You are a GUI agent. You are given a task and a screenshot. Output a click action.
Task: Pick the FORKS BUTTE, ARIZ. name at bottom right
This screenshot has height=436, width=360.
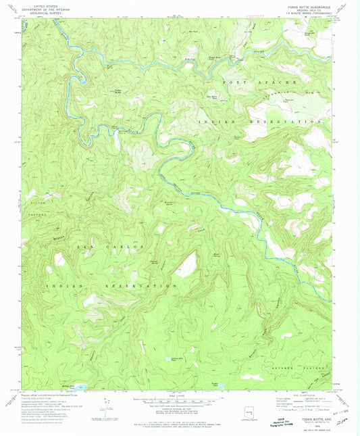tap(310, 420)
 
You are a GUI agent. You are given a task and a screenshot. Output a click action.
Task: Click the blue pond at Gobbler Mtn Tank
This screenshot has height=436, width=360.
tap(168, 360)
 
